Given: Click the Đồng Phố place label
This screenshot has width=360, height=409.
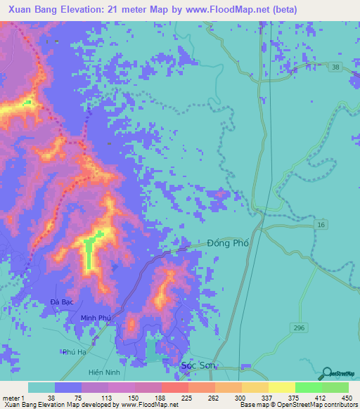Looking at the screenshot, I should pyautogui.click(x=229, y=243).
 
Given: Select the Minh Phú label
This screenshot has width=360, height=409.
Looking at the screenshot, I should pyautogui.click(x=97, y=318).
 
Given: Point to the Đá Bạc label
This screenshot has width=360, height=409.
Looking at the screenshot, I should pyautogui.click(x=62, y=301).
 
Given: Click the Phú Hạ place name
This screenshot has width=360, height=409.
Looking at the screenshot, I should pyautogui.click(x=74, y=352).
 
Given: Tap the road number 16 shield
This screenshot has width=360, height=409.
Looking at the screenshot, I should pyautogui.click(x=321, y=223).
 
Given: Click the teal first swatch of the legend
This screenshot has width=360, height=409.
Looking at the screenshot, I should pyautogui.click(x=41, y=387).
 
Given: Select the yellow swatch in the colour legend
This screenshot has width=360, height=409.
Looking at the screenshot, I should pyautogui.click(x=281, y=387).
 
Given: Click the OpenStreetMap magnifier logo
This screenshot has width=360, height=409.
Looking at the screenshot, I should pyautogui.click(x=327, y=374).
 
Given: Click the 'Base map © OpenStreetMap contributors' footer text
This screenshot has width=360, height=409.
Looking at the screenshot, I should pyautogui.click(x=297, y=404).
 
